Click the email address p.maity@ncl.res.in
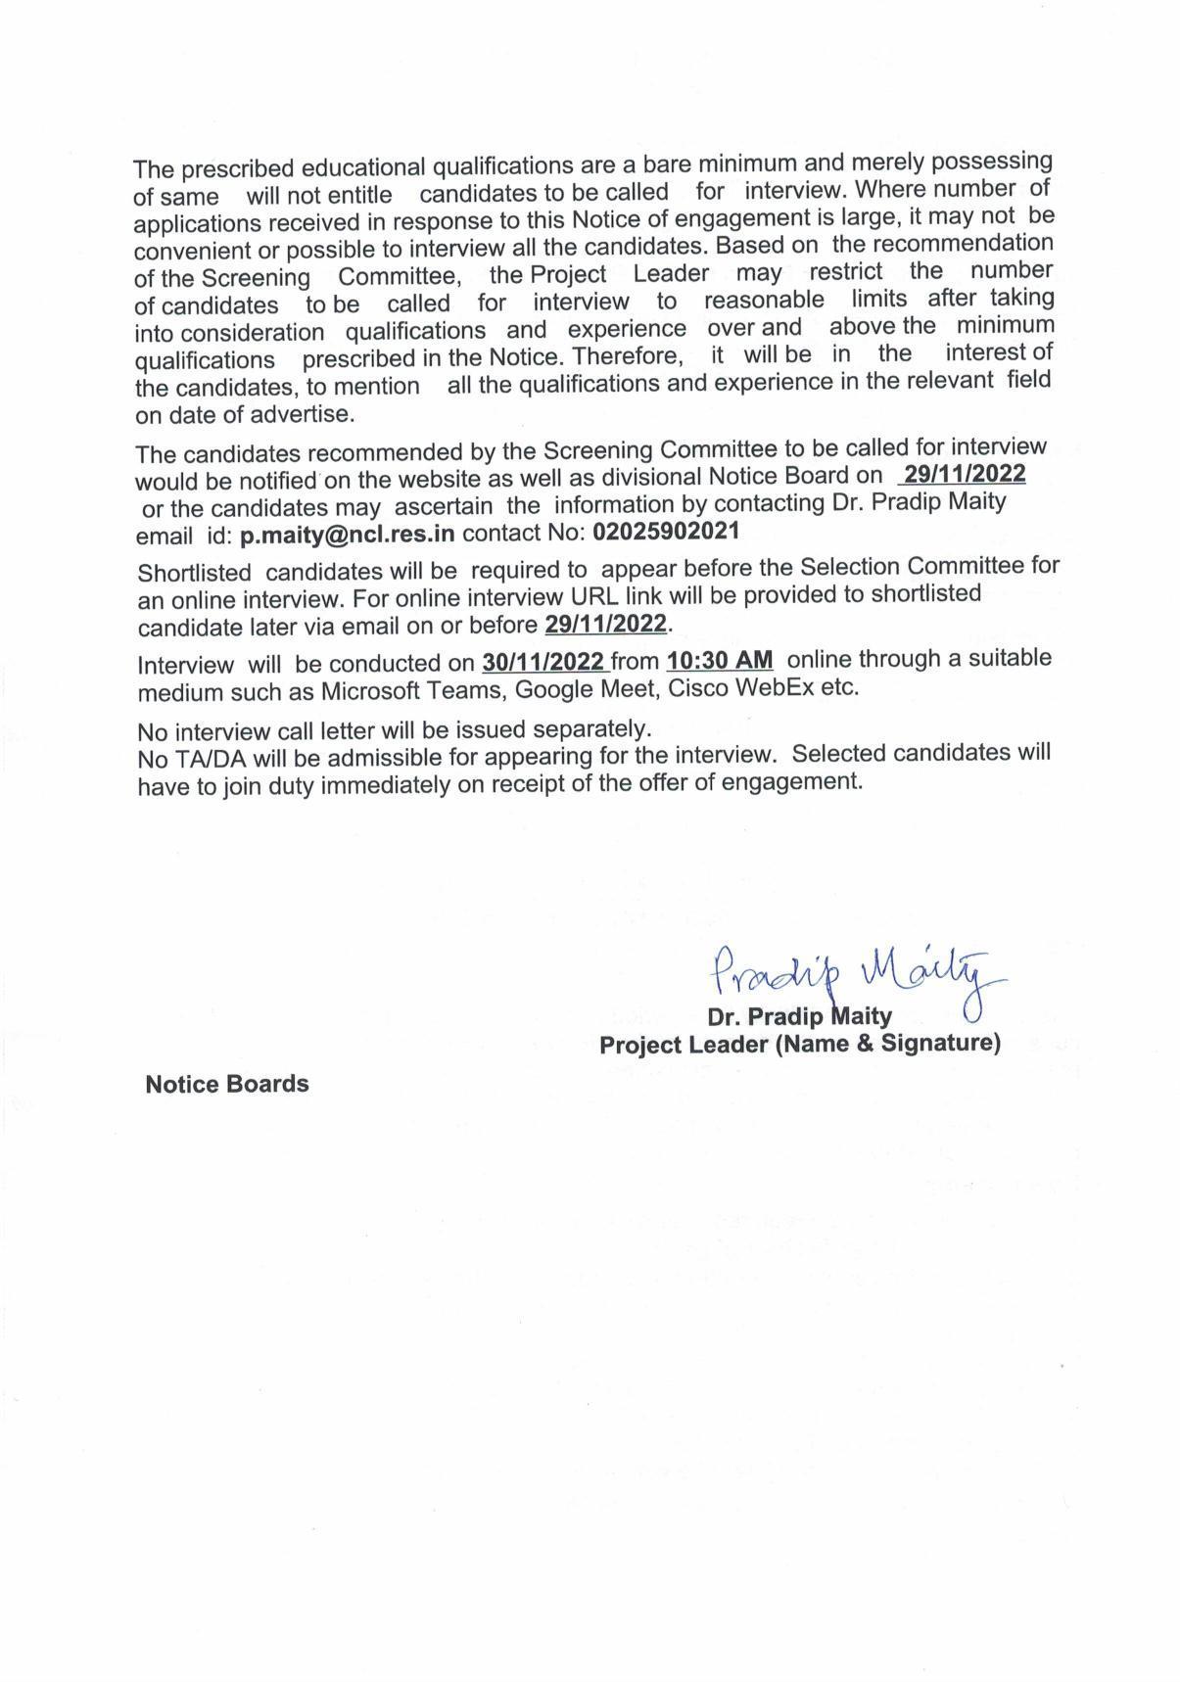point(347,535)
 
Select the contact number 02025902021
point(666,532)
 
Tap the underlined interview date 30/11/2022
point(543,662)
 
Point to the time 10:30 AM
point(719,660)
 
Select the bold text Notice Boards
point(226,1084)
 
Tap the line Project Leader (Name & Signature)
point(799,1044)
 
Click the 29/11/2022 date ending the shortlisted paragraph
point(605,624)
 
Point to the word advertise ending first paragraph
point(300,414)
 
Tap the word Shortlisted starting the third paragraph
point(194,572)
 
